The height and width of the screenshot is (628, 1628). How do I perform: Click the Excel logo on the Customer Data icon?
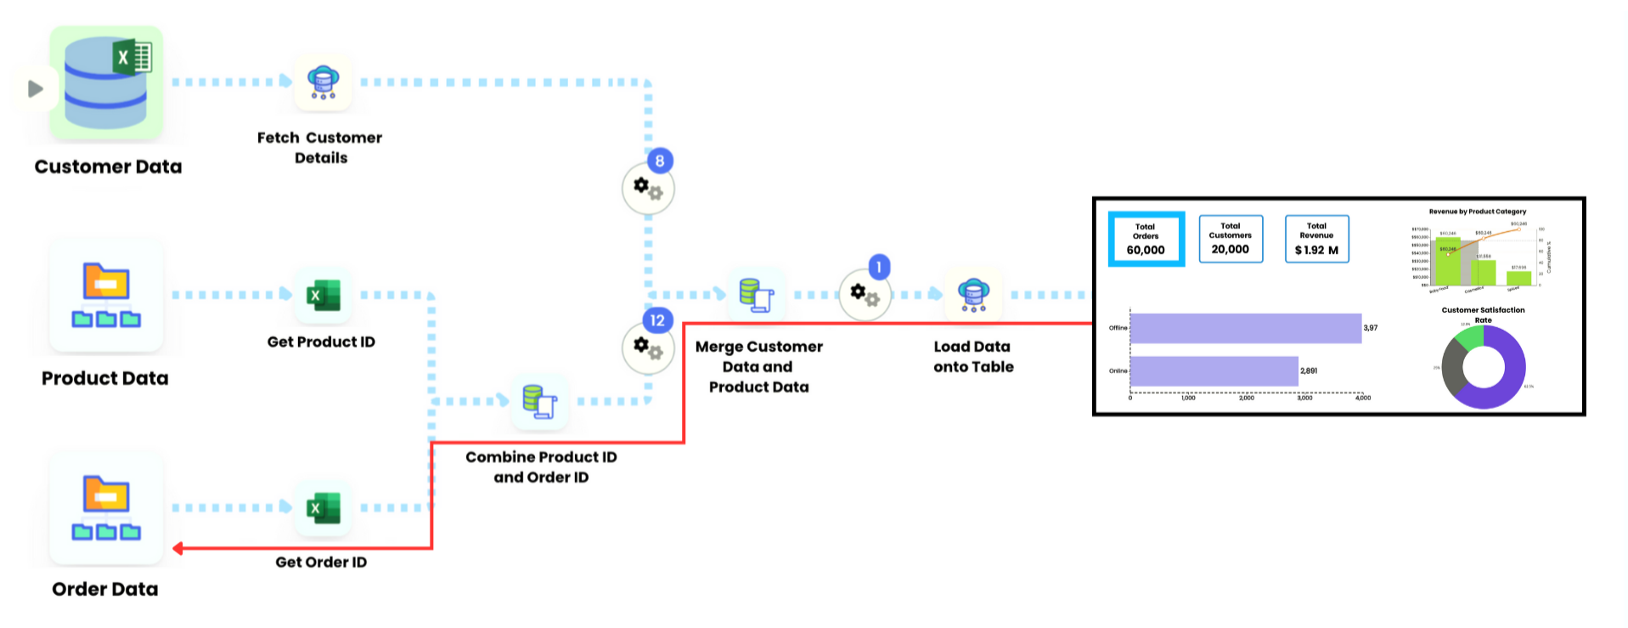132,58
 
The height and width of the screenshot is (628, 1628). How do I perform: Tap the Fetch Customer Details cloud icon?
323,82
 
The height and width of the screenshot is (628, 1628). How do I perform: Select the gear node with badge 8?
648,189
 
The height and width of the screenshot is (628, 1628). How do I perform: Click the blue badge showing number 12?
656,320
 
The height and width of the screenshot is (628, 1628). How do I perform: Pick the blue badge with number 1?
879,267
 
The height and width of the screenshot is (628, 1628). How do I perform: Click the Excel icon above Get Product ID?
323,295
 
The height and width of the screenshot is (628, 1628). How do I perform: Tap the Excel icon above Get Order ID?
323,508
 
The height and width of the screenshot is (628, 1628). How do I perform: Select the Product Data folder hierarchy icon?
106,295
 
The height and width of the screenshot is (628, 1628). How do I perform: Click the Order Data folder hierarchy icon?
106,508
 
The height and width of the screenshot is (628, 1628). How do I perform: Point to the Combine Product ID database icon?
539,401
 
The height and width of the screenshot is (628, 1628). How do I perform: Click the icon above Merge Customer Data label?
756,295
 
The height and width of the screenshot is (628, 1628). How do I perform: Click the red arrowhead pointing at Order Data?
178,548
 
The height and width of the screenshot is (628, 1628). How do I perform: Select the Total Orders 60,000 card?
1146,239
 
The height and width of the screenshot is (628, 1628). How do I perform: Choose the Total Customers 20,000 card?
1231,239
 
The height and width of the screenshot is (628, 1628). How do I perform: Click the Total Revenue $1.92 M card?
1316,239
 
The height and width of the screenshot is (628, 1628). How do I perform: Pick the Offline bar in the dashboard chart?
1245,328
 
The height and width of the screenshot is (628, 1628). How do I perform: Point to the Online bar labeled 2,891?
1214,371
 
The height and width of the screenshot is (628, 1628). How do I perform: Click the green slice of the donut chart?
1470,339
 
